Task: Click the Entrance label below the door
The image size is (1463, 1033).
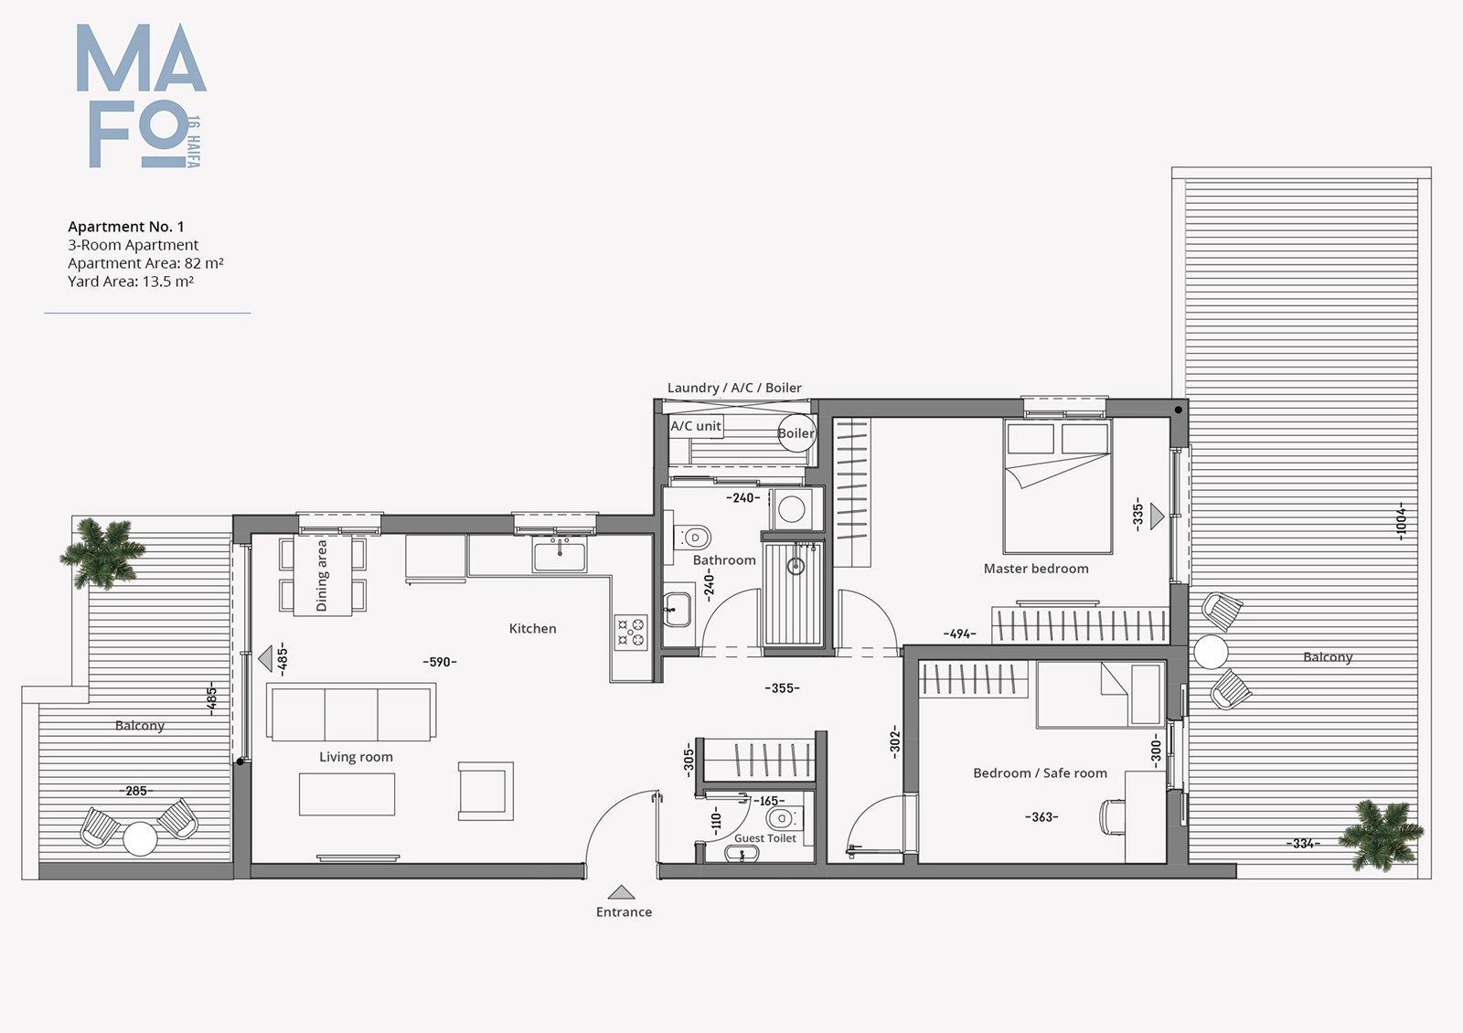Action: coord(624,911)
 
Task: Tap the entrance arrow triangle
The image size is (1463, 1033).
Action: coord(621,892)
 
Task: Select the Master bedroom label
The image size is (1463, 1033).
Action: coord(1036,568)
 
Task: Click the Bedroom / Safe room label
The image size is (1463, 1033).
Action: coord(1040,773)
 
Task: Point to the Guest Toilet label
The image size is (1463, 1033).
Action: coord(764,837)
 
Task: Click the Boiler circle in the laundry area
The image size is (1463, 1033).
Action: coord(796,433)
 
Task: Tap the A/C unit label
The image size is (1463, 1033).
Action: coord(696,426)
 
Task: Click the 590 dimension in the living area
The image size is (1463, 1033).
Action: coord(440,662)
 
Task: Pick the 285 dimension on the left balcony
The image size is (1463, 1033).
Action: coord(136,791)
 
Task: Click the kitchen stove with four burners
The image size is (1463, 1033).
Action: coord(631,632)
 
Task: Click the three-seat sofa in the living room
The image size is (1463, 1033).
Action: coord(351,712)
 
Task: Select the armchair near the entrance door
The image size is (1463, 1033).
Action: coord(486,791)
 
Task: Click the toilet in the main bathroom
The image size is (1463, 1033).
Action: coord(691,538)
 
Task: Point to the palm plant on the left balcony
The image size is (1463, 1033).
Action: coord(102,552)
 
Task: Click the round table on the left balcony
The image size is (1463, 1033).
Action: coord(141,838)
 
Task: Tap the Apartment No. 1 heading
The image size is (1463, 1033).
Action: coord(126,227)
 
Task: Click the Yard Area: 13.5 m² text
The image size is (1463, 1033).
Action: coord(131,282)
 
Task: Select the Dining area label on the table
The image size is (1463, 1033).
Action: coord(321,576)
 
